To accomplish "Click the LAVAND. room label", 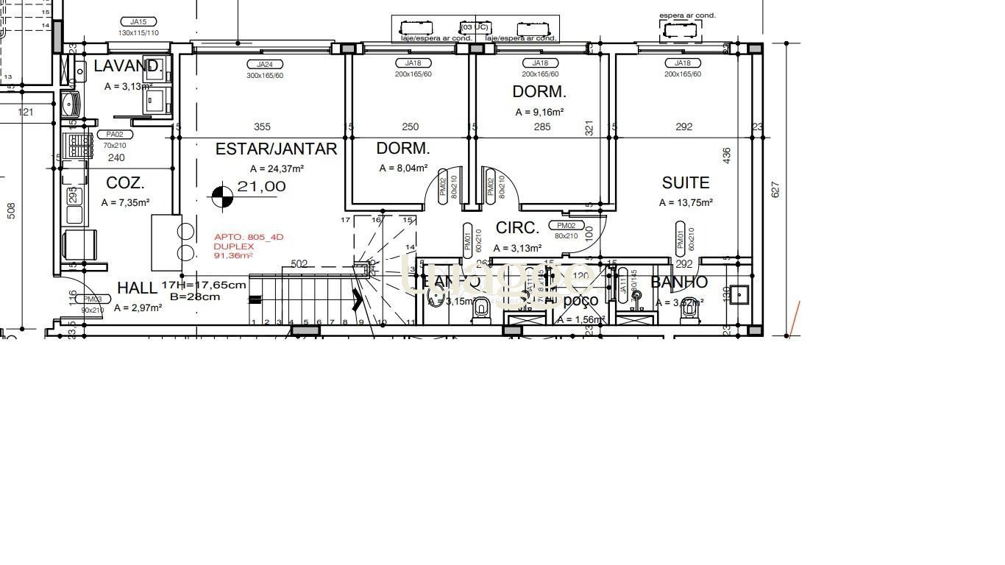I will coord(128,66).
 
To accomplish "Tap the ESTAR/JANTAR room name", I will coord(276,149).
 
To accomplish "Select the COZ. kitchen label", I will coord(125,183).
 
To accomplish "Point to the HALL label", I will coord(137,288).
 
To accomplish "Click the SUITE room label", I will coord(685,183).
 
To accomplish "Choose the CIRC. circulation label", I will coord(517,228).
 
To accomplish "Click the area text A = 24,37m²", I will coord(277,169).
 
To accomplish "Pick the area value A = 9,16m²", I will coord(539,113).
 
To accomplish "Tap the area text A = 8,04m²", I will coord(403,168).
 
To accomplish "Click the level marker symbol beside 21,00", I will coord(222,196).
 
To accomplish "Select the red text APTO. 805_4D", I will coord(248,237).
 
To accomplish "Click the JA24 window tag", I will coord(264,65).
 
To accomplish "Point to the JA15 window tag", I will coord(138,22).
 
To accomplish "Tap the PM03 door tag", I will coord(92,299).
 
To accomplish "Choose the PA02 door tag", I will coord(115,135).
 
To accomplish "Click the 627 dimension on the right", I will coord(775,189).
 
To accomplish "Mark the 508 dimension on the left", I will coord(11,211).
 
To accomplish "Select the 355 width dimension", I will coord(262,127).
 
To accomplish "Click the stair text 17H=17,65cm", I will coord(204,285).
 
